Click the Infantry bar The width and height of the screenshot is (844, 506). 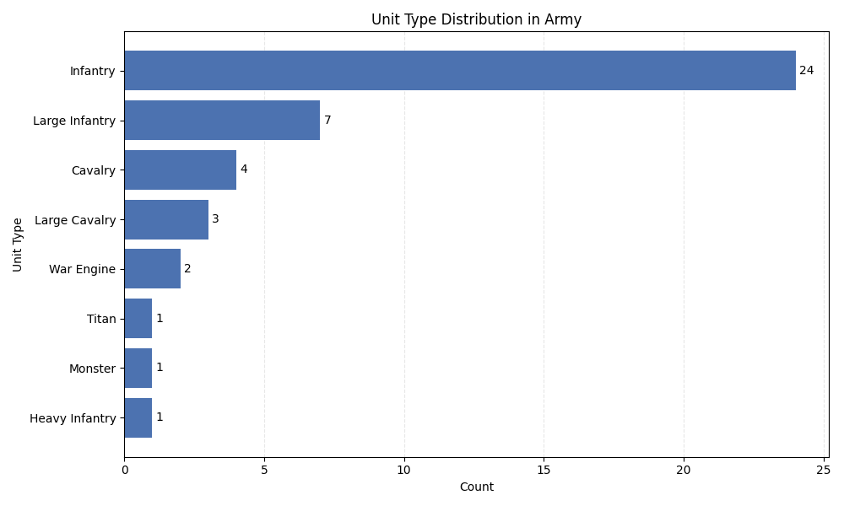coord(460,71)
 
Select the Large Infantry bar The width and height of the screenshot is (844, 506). coord(222,121)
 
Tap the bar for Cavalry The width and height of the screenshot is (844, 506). coord(180,170)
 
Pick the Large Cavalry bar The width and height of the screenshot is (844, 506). coord(166,219)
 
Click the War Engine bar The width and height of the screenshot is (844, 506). coord(152,269)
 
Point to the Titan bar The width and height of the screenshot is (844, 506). coord(138,319)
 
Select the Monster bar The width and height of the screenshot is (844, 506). coord(138,368)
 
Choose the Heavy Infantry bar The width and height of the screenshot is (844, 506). coord(138,417)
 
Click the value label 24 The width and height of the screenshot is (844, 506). coord(806,71)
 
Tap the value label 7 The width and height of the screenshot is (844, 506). coord(327,121)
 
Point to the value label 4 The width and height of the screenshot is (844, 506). coord(244,170)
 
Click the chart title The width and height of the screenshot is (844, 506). coord(476,19)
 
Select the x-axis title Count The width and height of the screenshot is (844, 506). coord(476,487)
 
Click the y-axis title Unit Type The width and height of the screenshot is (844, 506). coord(19,245)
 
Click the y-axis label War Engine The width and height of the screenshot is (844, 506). coord(82,269)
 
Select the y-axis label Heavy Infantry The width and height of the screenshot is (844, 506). coord(73,417)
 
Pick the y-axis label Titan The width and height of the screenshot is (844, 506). coord(101,319)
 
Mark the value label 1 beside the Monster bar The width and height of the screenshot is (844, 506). coord(160,368)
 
